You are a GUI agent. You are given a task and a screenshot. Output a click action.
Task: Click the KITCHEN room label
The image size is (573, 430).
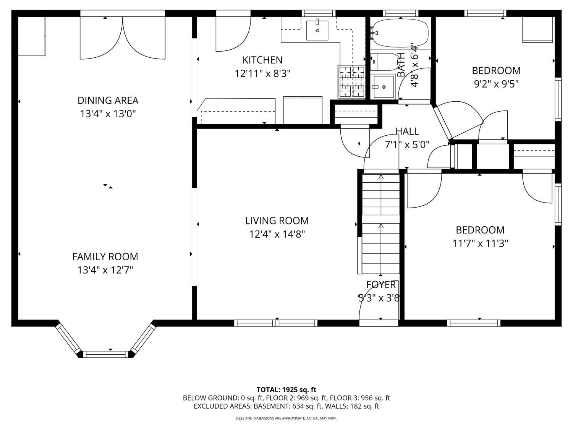[262, 60]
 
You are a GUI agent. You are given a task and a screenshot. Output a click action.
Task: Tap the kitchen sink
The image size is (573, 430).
[317, 30]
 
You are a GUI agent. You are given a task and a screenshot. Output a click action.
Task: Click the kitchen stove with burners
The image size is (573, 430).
[351, 82]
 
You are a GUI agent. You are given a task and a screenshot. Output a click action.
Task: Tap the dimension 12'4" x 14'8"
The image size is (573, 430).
[277, 234]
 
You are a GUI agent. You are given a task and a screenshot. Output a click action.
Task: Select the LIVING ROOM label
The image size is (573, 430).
[277, 221]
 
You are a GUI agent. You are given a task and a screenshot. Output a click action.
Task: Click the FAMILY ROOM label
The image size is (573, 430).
[105, 256]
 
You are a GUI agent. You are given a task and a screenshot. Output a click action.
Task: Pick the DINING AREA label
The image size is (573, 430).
[108, 101]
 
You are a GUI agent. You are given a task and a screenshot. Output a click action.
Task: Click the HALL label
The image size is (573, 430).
[407, 131]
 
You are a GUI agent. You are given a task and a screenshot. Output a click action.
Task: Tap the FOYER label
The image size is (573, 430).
[381, 285]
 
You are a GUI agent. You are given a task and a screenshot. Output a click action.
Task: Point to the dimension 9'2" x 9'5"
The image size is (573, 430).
[496, 84]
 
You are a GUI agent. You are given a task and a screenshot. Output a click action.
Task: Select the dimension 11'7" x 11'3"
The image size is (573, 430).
[480, 243]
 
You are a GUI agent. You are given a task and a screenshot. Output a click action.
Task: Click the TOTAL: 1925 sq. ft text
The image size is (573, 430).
[286, 390]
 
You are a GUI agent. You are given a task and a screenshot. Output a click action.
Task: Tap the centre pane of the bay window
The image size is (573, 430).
[106, 354]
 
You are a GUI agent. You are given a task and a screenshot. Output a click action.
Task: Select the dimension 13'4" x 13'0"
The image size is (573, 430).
[108, 114]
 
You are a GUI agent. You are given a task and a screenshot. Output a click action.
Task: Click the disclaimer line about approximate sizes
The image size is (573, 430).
[286, 419]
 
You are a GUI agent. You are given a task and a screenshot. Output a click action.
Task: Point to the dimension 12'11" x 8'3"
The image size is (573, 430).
[262, 73]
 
